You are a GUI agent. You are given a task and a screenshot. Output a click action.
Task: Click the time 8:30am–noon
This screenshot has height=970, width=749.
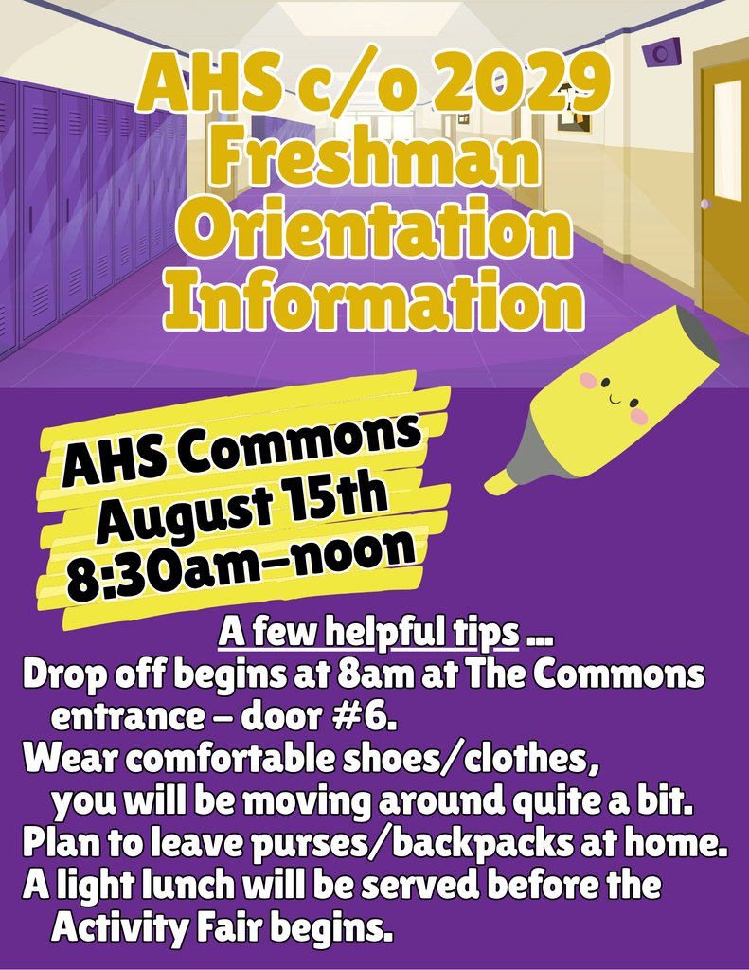pyautogui.click(x=241, y=559)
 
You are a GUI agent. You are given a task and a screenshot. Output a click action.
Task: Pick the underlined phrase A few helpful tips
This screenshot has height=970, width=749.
pyautogui.click(x=369, y=630)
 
